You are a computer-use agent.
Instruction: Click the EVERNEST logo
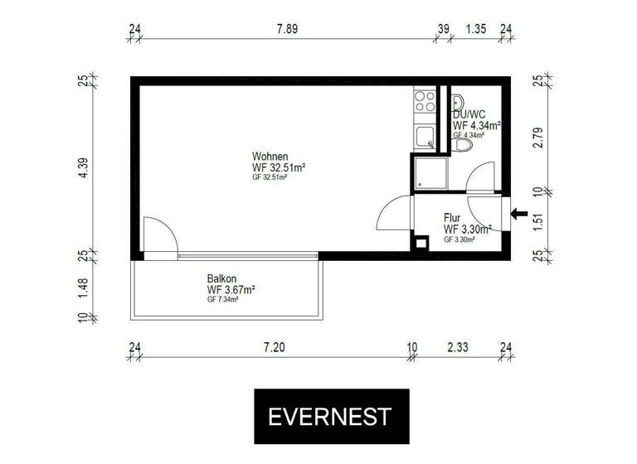tap(328, 415)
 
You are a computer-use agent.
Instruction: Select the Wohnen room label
tap(270, 157)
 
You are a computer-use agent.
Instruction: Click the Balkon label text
tap(221, 279)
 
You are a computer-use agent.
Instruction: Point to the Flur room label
tap(452, 218)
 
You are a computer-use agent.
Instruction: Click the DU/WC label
tap(469, 114)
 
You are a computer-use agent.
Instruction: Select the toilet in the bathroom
tap(463, 145)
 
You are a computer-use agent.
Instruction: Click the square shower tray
tap(430, 172)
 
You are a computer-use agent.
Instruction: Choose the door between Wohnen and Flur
tap(395, 214)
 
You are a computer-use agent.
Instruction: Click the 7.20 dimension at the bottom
tap(274, 348)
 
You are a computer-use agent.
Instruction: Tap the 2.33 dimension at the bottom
tap(458, 348)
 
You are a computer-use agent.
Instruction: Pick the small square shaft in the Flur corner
tap(421, 242)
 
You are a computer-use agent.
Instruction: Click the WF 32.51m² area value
tap(280, 167)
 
